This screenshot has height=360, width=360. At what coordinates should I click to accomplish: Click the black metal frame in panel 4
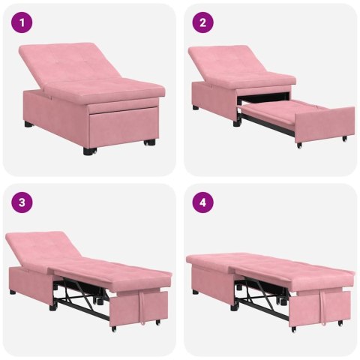tap(262, 296)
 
